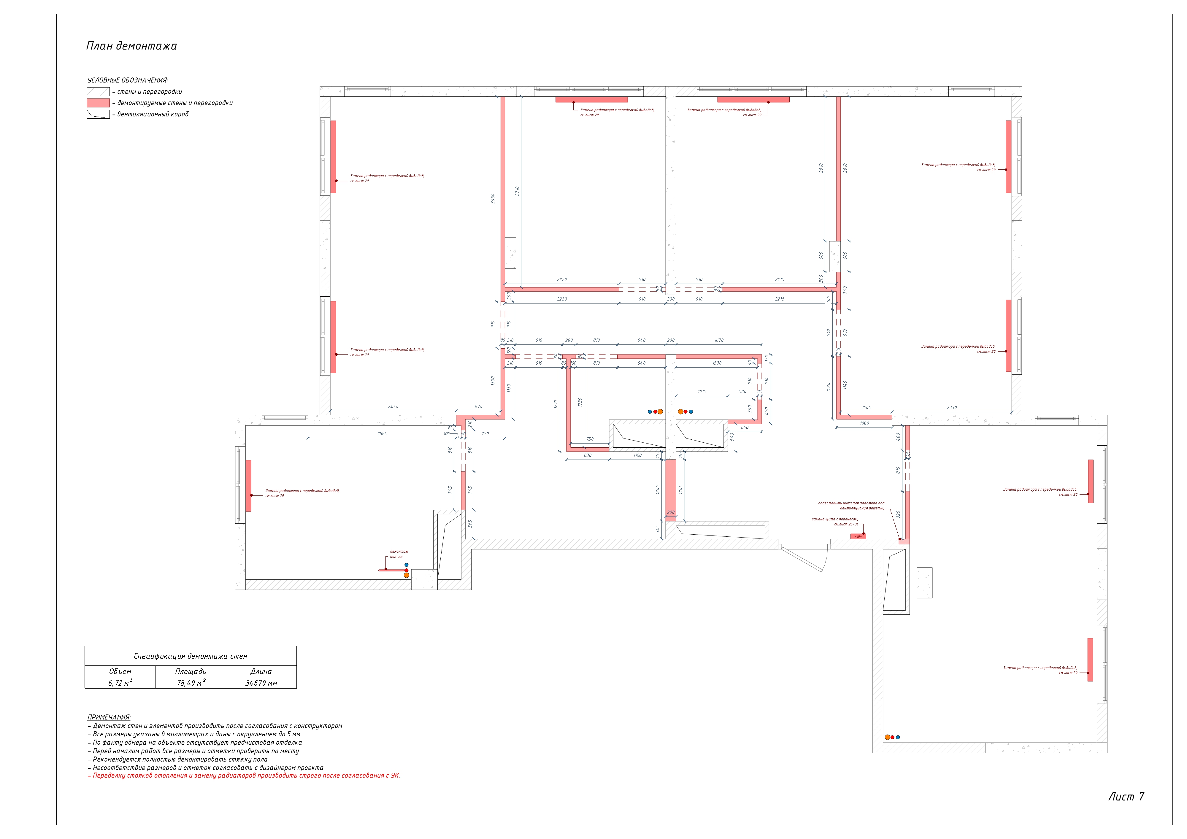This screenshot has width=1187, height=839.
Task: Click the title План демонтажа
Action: (131, 46)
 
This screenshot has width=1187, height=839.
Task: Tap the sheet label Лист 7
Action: (1126, 797)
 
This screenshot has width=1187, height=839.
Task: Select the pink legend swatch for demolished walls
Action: (98, 103)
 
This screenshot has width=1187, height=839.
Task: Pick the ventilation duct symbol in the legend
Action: (98, 114)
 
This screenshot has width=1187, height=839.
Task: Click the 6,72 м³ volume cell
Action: (120, 683)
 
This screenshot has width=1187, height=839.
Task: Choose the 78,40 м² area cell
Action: (191, 683)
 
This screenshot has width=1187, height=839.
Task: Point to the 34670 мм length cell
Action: (261, 683)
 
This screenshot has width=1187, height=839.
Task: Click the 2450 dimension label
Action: (393, 407)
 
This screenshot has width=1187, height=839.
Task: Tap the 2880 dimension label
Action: (382, 434)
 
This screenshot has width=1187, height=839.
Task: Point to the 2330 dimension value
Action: (951, 407)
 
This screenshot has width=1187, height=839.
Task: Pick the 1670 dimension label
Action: (719, 340)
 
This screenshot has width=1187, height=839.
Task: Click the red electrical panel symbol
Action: (858, 536)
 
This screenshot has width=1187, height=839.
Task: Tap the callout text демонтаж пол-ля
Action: (399, 554)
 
